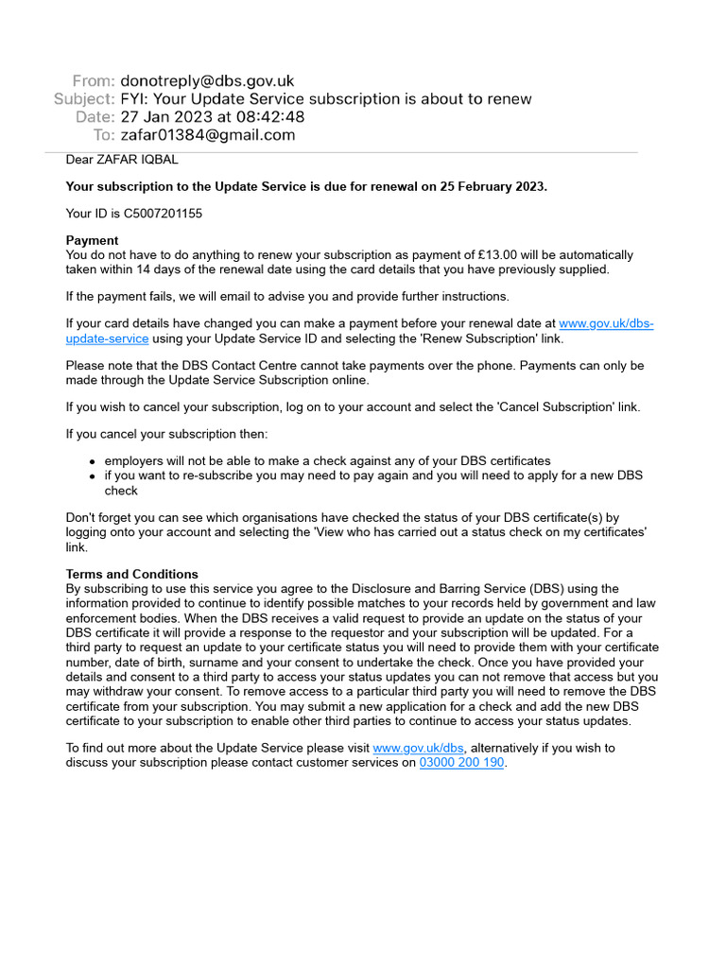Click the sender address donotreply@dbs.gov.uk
207,81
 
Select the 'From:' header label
94,81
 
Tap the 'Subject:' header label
84,99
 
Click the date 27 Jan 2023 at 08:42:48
213,117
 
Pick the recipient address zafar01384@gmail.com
208,135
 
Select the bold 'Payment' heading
92,241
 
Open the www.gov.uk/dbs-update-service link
606,323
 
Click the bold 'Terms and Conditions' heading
131,575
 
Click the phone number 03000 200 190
461,763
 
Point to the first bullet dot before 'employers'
92,461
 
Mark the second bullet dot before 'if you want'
92,476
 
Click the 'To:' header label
104,135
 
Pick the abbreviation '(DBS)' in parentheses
545,589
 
